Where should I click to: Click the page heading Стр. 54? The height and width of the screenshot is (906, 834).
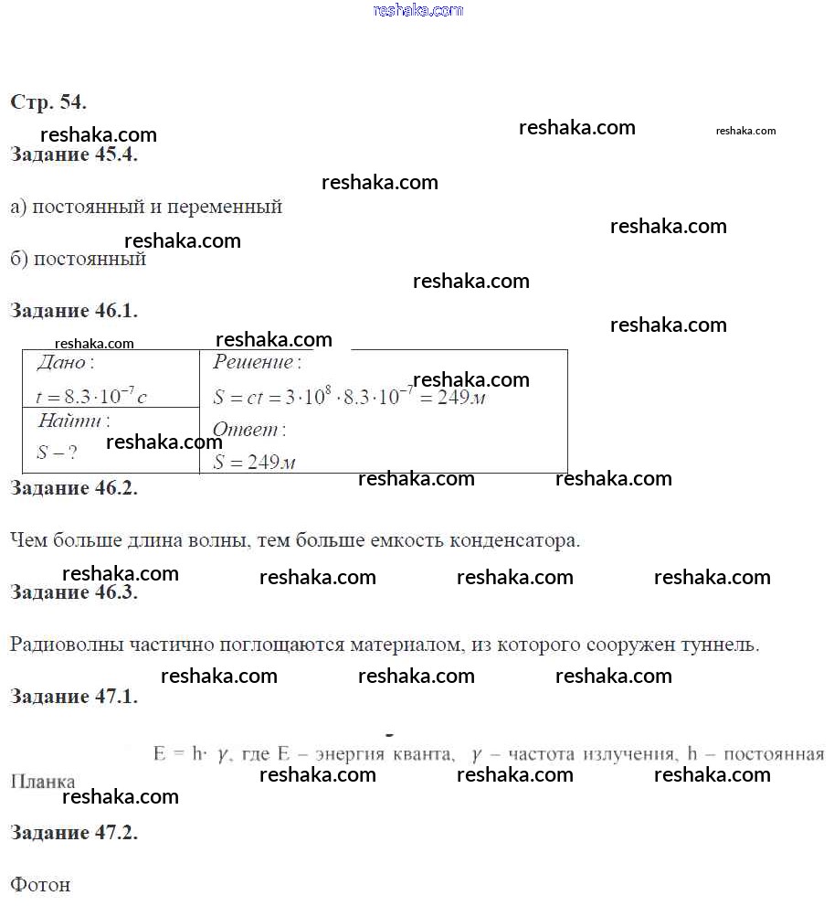click(x=48, y=102)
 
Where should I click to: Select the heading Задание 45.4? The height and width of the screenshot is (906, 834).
click(x=74, y=155)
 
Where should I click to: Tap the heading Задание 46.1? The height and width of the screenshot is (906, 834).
click(x=74, y=311)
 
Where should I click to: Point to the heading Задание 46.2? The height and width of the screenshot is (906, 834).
click(x=74, y=488)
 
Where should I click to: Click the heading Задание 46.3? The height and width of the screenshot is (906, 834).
click(x=74, y=592)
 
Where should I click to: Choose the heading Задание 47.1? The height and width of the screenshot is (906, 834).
click(x=74, y=697)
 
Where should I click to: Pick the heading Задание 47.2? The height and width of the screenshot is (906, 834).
click(x=74, y=833)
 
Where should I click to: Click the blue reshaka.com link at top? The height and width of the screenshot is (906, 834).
click(x=418, y=10)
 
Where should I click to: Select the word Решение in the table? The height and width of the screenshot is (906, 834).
click(x=253, y=363)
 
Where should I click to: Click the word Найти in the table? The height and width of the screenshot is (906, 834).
click(x=71, y=421)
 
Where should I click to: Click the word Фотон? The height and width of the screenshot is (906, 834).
click(x=40, y=885)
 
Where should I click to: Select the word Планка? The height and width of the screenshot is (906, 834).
click(x=43, y=783)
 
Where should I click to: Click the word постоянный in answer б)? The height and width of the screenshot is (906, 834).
click(x=90, y=259)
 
